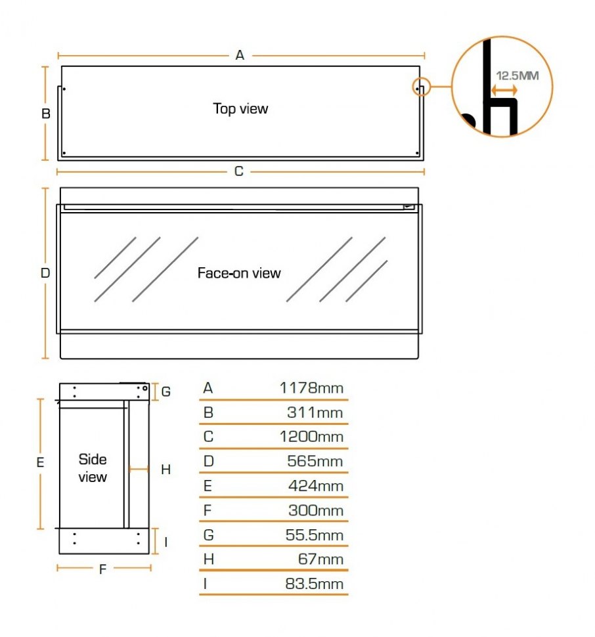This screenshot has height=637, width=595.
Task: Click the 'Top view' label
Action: coord(240,108)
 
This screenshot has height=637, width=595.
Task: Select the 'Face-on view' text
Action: coord(239,273)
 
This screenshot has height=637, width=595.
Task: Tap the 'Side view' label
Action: coord(93,468)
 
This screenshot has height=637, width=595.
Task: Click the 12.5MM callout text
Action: coord(518,76)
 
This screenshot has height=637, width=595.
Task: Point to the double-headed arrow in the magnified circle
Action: coord(504,90)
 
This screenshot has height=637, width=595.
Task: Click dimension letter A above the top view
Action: coord(240,55)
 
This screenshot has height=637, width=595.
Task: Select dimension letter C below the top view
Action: coord(239,171)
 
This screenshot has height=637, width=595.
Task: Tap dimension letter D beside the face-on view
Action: coord(45,273)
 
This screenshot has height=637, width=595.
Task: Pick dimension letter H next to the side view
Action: coord(165,470)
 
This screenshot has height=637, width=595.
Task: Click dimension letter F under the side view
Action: coord(102,569)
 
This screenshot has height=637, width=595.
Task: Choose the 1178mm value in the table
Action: coord(311,388)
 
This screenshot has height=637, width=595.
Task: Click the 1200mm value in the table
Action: coord(311,437)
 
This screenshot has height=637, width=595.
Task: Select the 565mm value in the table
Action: coord(315,461)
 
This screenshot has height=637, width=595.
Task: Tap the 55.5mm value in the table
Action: coord(315,535)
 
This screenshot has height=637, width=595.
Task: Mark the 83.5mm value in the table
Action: coord(315,583)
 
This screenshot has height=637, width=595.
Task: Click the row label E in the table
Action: coord(208,486)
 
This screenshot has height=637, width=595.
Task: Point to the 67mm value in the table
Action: coord(321,559)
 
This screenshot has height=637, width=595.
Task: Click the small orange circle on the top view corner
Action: coord(421,87)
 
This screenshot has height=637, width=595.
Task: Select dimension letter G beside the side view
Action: coord(165,391)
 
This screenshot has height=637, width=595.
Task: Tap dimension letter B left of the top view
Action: coord(46,114)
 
